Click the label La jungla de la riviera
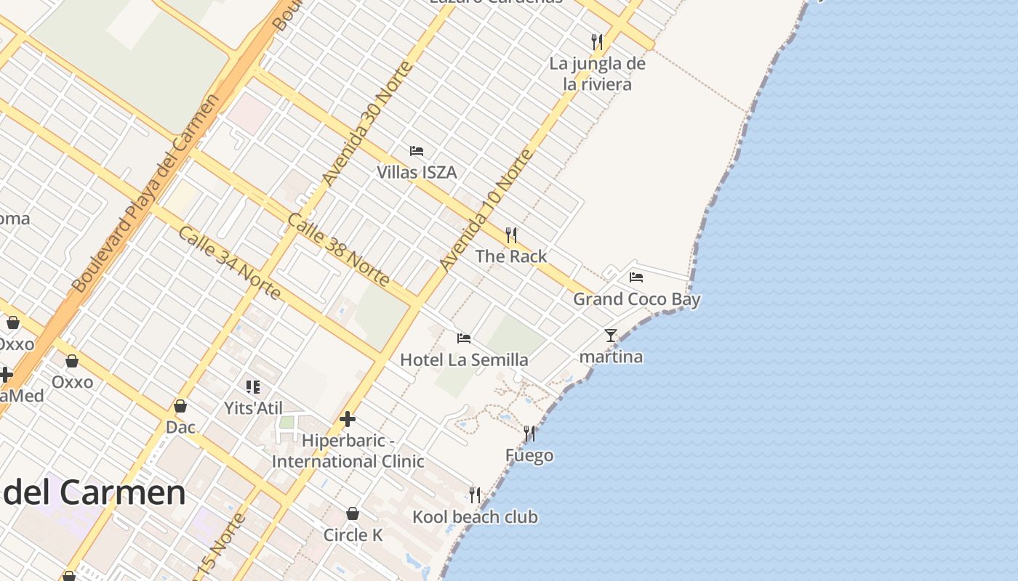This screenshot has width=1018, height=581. coord(597,73)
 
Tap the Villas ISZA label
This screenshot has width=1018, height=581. coord(417,172)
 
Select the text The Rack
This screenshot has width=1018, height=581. coord(511,256)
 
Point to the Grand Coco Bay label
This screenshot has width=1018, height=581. coord(636,298)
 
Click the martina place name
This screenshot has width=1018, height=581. coord(611,357)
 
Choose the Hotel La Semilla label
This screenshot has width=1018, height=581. coord(464,359)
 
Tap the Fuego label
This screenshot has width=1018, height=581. coord(529,455)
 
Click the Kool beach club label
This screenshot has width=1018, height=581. coord(475,516)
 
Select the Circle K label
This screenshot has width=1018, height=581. coord(353,535)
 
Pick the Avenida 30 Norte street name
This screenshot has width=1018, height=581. coord(367,123)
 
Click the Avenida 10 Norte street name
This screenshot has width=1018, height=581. coord(486,210)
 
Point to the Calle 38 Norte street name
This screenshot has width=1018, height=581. coord(338,249)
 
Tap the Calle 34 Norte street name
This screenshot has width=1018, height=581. coord(229,262)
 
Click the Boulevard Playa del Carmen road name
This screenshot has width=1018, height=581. coord(145,194)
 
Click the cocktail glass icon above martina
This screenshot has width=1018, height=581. coord(611,335)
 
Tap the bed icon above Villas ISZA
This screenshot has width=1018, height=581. coord(417,151)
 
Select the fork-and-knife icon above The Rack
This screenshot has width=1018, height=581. coord(511,235)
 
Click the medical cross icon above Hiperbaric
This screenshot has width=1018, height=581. coord(348,419)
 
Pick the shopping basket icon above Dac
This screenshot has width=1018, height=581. coord(180,406)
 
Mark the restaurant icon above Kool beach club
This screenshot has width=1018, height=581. coord(475,495)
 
